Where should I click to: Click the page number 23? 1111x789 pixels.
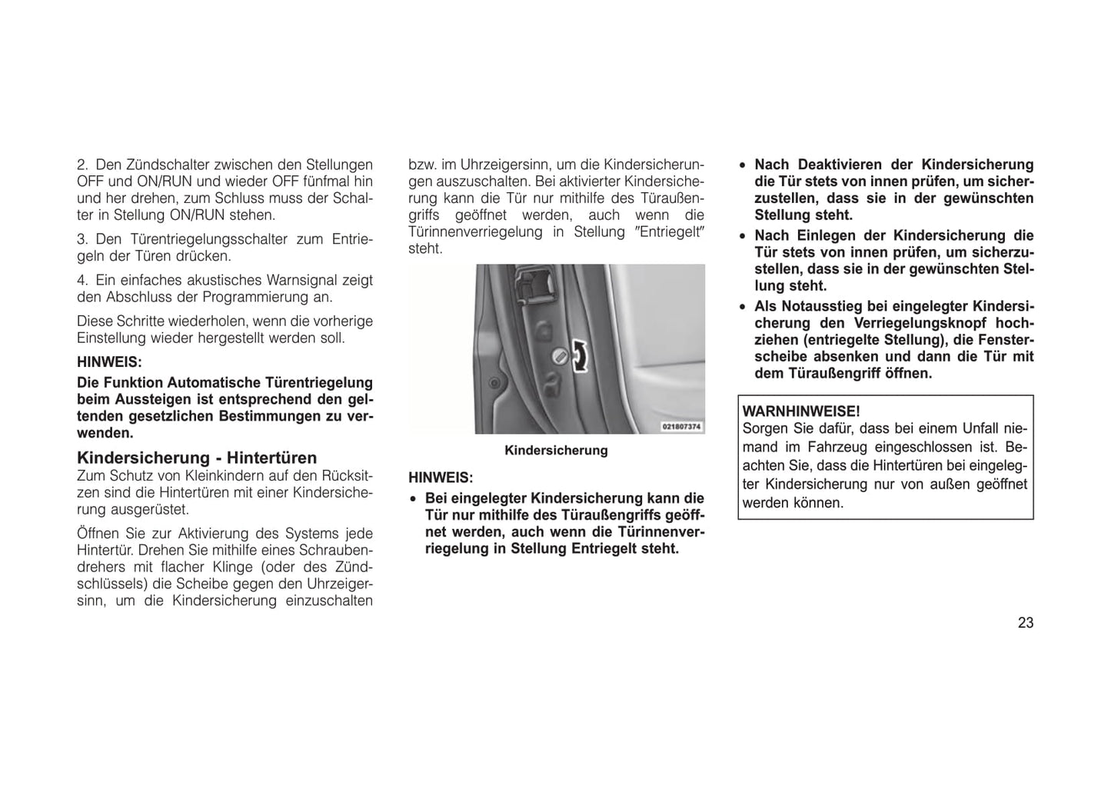[x=1026, y=623]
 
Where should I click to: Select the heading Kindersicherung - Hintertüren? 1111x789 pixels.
[x=197, y=458]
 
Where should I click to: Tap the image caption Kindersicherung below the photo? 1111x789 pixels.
[x=556, y=451]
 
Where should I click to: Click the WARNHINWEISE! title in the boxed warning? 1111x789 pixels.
[x=801, y=411]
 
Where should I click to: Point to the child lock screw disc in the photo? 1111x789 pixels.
[x=559, y=357]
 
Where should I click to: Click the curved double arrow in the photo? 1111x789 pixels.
[x=581, y=356]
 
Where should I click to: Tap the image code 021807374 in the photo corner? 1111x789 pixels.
[x=681, y=426]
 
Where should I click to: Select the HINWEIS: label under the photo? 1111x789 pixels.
[x=441, y=478]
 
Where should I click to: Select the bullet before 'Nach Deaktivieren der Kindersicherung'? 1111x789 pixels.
[x=742, y=165]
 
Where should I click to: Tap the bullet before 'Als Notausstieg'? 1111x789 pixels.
[x=742, y=307]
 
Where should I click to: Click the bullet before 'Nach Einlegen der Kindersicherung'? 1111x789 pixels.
[x=742, y=236]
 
